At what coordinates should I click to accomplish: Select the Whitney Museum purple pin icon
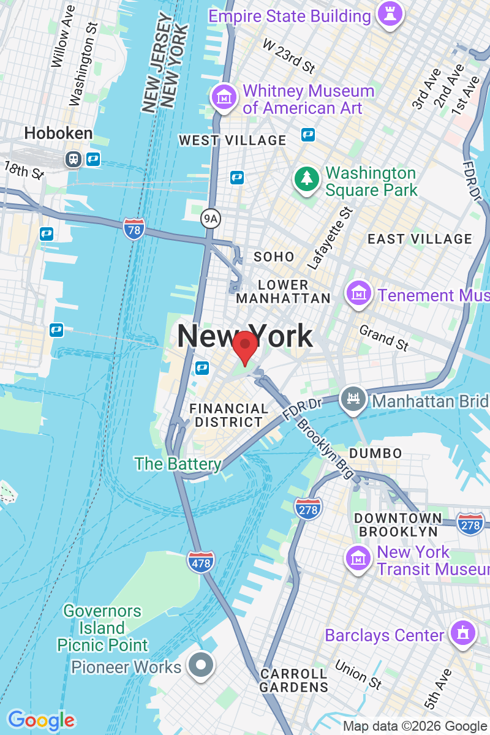tap(224, 97)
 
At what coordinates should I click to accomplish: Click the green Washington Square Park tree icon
tap(306, 179)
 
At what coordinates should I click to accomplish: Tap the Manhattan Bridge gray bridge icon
tap(353, 399)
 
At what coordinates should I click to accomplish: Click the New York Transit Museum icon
tap(358, 558)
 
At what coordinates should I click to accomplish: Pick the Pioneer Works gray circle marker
tap(201, 665)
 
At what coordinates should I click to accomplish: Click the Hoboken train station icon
tap(73, 159)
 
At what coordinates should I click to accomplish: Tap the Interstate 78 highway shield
tap(134, 228)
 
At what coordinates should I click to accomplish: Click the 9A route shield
tap(209, 217)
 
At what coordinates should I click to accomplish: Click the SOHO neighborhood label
tap(274, 257)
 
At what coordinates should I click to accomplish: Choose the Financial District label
tap(228, 415)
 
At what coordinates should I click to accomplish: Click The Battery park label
tap(178, 464)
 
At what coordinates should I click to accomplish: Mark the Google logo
tap(41, 720)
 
